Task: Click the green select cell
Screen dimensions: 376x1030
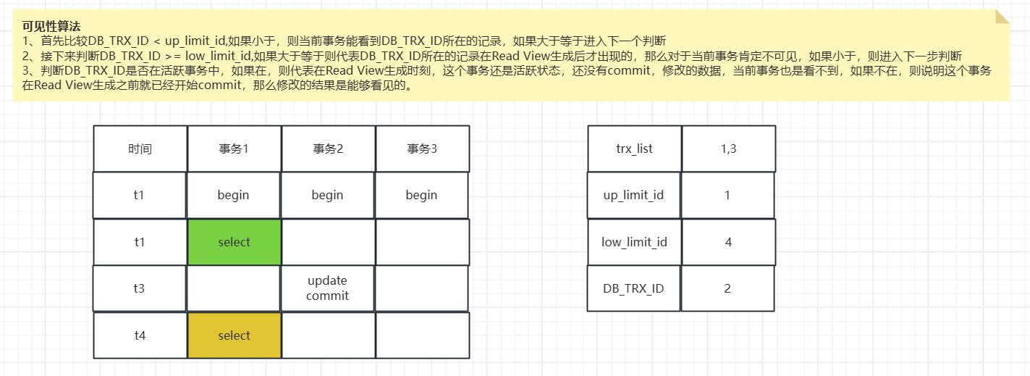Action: pos(234,242)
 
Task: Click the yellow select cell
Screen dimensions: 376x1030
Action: pos(234,335)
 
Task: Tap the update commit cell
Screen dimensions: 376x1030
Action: pos(328,288)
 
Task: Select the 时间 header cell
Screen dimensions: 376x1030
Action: pos(140,149)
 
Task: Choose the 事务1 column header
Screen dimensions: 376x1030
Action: pos(234,149)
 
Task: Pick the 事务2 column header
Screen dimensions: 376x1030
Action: pos(328,149)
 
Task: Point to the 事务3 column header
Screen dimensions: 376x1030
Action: pos(422,149)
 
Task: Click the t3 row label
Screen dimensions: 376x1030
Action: pos(140,288)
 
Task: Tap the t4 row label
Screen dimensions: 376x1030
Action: pos(140,335)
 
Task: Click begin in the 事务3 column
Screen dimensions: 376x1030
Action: pos(422,195)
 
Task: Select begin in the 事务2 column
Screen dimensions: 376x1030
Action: pos(328,195)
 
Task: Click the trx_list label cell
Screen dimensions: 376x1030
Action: pos(634,149)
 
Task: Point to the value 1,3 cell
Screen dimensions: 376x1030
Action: pos(728,149)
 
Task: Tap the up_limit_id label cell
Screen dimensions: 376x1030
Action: pos(634,195)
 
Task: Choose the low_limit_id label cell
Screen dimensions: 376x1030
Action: pos(634,242)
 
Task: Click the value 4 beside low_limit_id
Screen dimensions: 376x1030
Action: pos(728,242)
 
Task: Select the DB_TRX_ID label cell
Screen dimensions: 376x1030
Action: pos(634,288)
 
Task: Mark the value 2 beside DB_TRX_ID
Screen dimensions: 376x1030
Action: pos(728,288)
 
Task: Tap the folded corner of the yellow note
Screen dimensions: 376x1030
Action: pos(1002,17)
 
